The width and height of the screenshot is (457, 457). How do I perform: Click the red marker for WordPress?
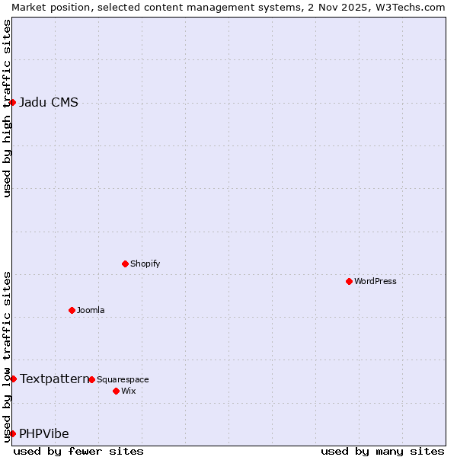pos(349,281)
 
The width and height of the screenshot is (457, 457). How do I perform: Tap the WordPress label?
pos(375,281)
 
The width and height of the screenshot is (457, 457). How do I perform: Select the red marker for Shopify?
pos(125,264)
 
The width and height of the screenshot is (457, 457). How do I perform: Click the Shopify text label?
pos(145,264)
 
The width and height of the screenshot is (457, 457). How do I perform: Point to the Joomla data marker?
pos(72,310)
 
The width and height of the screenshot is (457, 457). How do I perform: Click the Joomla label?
pos(91,310)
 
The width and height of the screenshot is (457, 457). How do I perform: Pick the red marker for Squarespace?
pos(91,379)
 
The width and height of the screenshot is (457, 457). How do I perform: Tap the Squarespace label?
pos(123,379)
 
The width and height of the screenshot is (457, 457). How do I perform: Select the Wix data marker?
pos(116,391)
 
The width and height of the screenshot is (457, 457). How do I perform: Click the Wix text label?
pos(129,391)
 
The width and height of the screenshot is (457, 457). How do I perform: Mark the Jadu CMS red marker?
pos(13,102)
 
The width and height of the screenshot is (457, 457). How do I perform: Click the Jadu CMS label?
pos(49,103)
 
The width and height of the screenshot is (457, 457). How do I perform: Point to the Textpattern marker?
pos(13,379)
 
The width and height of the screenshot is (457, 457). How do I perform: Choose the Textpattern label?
pos(54,379)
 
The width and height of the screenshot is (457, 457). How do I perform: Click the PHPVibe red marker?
pos(13,433)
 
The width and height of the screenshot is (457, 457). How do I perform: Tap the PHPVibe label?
pos(44,434)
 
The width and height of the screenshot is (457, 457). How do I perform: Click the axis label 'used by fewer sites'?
pos(78,451)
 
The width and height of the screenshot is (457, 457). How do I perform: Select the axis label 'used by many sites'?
pos(382,451)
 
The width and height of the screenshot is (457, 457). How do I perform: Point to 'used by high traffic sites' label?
pos(7,108)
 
